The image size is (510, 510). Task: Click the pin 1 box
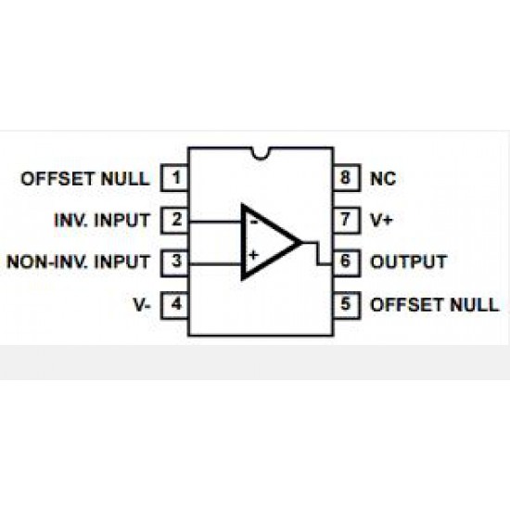click(175, 178)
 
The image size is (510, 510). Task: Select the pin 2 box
click(175, 220)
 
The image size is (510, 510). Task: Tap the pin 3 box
click(175, 262)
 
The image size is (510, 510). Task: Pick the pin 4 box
click(175, 305)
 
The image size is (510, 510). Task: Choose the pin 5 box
click(347, 305)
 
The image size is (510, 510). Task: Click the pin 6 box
click(347, 262)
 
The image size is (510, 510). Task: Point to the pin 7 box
click(347, 220)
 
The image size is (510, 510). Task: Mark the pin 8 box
click(347, 178)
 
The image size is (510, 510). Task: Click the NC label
click(383, 179)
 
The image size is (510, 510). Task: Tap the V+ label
click(381, 220)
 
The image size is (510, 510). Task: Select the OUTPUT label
click(409, 261)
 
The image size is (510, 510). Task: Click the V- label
click(142, 304)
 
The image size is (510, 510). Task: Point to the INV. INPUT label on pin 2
click(102, 220)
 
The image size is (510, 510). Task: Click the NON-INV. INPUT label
click(79, 261)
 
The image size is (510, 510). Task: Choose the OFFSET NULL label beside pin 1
click(85, 179)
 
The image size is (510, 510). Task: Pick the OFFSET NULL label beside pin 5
click(435, 305)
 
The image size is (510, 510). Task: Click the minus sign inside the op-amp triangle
click(254, 223)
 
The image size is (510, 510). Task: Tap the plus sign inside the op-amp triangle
click(253, 255)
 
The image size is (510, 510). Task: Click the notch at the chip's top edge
click(261, 154)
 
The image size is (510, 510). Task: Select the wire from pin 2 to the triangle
click(215, 222)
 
